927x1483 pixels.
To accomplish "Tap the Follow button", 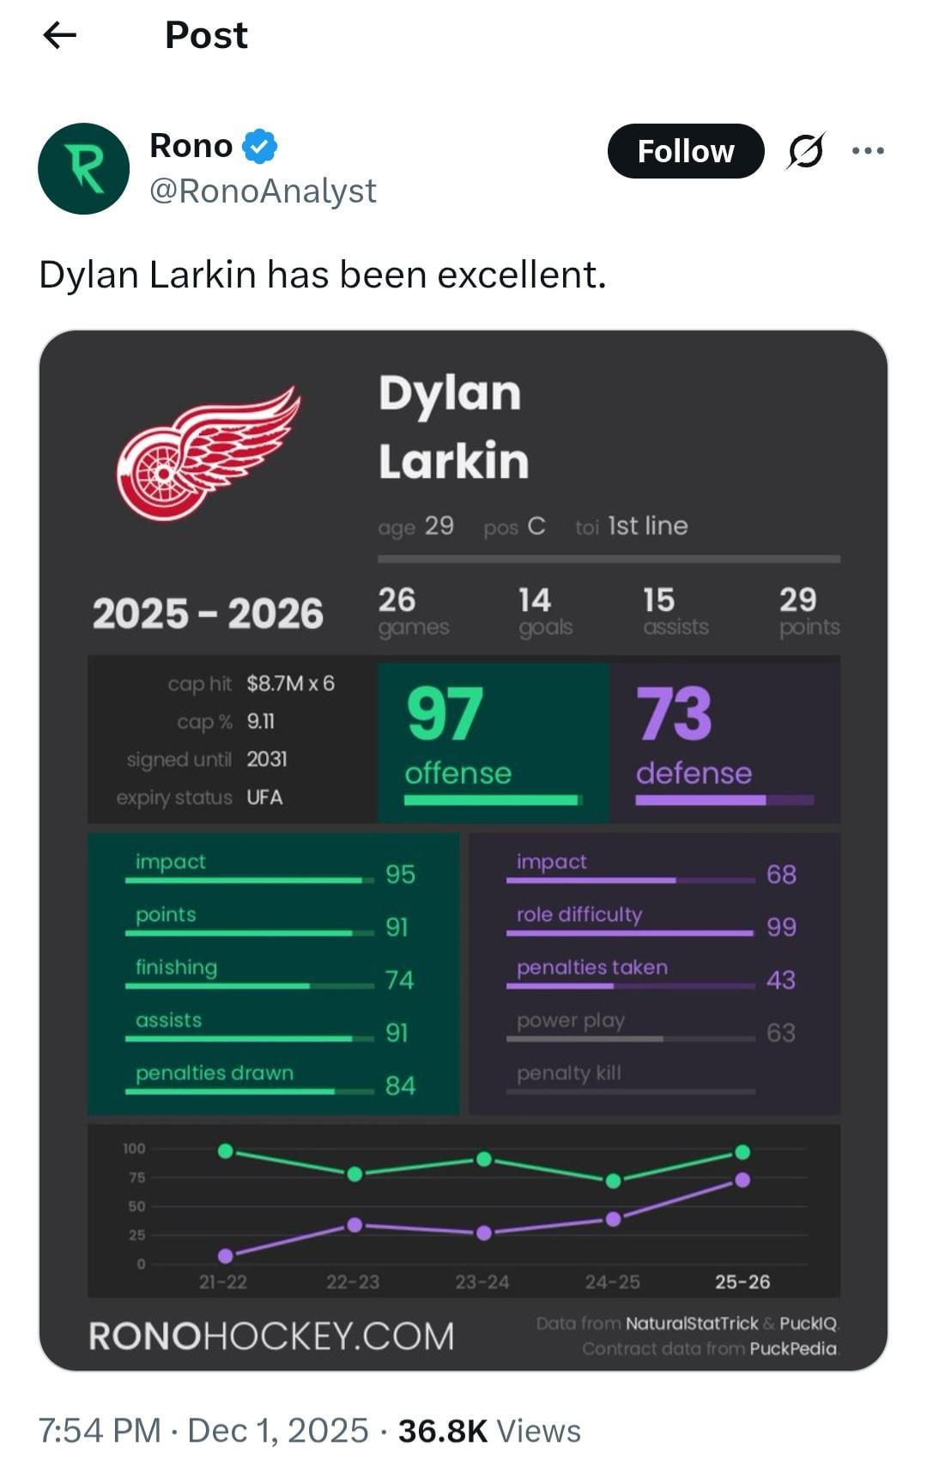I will coord(685,151).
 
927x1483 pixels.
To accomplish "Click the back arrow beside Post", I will coord(59,35).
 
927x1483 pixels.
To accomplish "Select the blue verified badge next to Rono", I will coord(259,146).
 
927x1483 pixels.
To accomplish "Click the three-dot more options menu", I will coord(868,151).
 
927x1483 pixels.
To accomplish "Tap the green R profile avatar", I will coord(83,168).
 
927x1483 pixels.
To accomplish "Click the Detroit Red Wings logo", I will coord(208,453).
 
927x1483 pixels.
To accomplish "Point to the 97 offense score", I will coord(445,714).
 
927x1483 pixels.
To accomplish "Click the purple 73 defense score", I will coord(674,714).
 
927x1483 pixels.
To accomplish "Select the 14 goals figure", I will coord(534,600).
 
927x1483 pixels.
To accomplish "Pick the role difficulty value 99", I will coord(781,927).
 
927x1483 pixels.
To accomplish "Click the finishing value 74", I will coord(399,980).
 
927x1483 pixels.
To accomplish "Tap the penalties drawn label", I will coord(215,1073).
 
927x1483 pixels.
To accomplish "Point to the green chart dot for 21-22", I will coord(226,1150).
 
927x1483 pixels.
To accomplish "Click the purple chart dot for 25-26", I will coord(742,1180).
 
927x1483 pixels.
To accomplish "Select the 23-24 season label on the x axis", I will coord(482,1282).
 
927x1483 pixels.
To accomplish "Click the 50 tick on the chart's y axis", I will coord(137,1207).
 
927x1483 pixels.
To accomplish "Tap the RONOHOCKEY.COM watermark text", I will coord(271,1336).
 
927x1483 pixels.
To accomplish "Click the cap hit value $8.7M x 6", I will coord(290,683).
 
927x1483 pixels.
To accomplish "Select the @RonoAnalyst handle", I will coord(263,191).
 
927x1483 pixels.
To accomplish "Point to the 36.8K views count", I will coord(442,1431).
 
